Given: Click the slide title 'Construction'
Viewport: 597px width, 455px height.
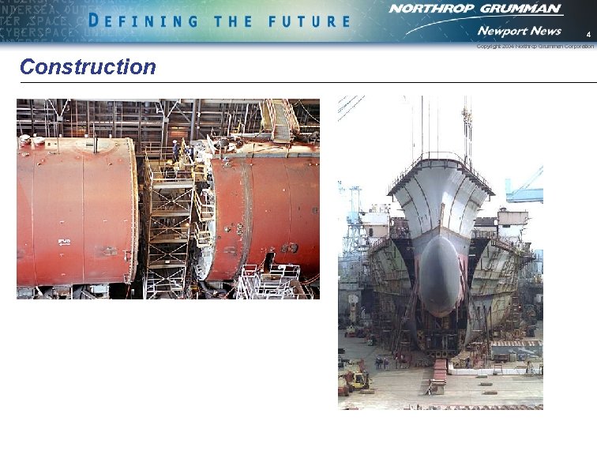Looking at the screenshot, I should click(88, 66).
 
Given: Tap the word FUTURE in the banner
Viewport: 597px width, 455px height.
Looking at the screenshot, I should click(309, 21).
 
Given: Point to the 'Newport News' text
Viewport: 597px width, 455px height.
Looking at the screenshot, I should click(519, 31).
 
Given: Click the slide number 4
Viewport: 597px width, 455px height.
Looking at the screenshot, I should click(588, 36).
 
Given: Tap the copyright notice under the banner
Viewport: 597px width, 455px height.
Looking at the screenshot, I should click(535, 47).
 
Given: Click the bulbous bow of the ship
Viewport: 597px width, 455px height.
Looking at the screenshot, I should click(440, 273).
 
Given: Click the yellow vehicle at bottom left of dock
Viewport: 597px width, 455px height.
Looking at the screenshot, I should click(356, 380).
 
